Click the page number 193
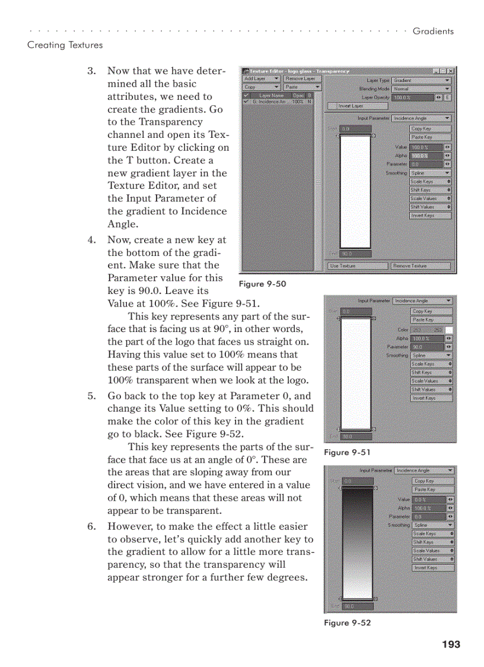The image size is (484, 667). (450, 644)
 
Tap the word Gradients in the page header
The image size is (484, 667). (433, 31)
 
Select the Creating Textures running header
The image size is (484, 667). (65, 45)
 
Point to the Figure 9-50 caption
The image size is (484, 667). (262, 284)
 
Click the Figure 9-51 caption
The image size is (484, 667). (347, 453)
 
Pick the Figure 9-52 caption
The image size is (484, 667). (347, 622)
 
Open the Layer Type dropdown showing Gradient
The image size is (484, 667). (421, 80)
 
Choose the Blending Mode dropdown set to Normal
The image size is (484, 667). (421, 88)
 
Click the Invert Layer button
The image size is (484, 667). (358, 106)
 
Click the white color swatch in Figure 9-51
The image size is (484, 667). (449, 330)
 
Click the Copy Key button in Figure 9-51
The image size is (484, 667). (431, 311)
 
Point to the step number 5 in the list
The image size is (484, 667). (91, 396)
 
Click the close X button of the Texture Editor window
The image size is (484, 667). (451, 71)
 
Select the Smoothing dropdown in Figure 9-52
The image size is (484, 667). (433, 525)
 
